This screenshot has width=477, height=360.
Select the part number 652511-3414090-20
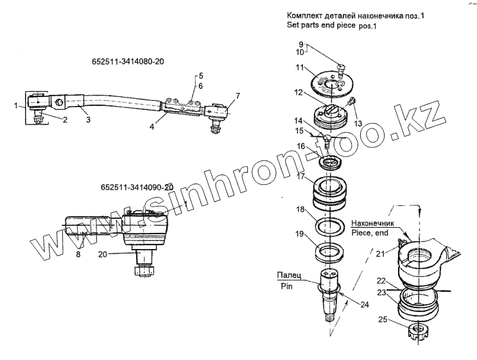[x=137, y=187]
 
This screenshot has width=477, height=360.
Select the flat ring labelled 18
[x=331, y=226]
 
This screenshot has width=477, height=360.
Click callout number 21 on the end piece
[x=379, y=255]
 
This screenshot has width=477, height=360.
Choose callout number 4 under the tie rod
[x=152, y=127]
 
